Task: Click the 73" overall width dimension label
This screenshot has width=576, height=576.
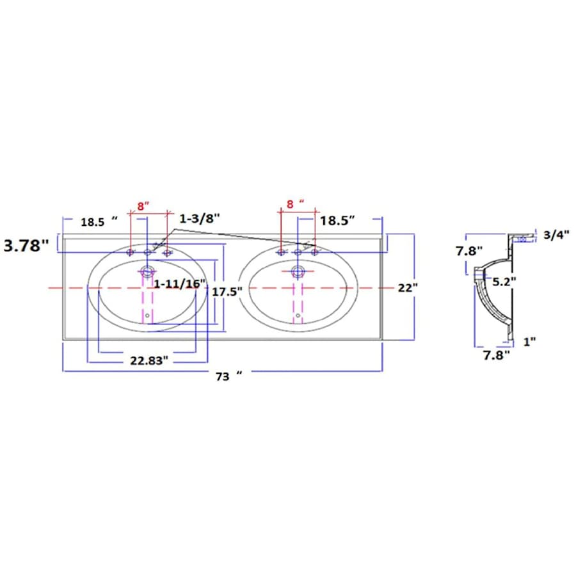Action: tap(229, 376)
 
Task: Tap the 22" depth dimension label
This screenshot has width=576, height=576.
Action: tap(408, 287)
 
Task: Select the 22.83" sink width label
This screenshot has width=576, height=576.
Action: tap(148, 360)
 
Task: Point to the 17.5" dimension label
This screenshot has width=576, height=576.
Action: tap(227, 292)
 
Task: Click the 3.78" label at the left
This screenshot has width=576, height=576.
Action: tap(26, 245)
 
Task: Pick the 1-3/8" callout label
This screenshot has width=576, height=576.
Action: tap(200, 219)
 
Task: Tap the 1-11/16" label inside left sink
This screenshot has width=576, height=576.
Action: tap(179, 284)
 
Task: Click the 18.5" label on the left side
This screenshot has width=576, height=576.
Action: tap(99, 222)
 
